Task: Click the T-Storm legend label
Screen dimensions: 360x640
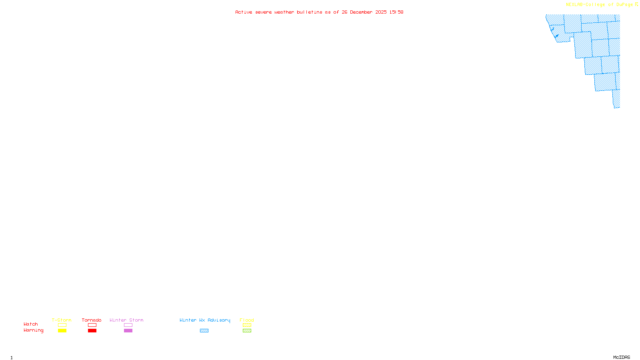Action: coord(62,320)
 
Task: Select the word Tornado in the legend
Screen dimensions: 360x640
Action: coord(92,320)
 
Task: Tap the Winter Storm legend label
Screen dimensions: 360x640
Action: coord(126,320)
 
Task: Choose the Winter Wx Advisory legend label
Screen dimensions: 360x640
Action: coord(205,320)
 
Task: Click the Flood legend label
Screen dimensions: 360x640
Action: coord(247,320)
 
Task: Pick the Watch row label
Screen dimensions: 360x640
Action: coord(31,324)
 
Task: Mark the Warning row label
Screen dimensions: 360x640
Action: coord(33,330)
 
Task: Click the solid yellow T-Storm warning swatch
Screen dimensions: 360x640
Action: coord(62,331)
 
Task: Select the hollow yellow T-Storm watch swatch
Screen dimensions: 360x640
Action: coord(62,325)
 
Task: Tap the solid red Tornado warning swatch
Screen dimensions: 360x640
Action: coord(92,331)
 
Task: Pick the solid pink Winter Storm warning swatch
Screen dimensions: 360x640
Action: coord(128,331)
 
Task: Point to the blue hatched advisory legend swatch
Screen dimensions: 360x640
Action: coord(204,331)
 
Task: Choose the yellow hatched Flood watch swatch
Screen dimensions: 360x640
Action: coord(247,325)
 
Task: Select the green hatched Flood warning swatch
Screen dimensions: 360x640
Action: coord(247,331)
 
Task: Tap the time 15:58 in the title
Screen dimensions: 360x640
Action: coord(396,12)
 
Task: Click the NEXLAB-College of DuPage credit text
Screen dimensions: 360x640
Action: coord(599,4)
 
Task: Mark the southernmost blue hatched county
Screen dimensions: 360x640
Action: coord(616,99)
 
